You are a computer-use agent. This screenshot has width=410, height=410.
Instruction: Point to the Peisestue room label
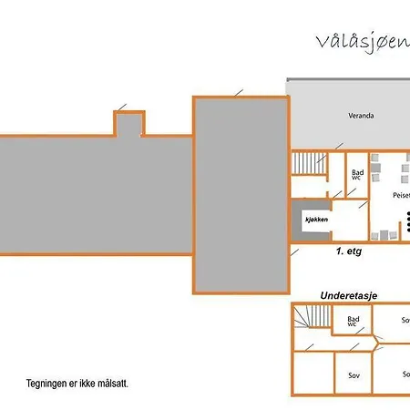pyautogui.click(x=401, y=195)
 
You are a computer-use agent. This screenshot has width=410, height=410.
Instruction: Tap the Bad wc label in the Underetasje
pyautogui.click(x=354, y=321)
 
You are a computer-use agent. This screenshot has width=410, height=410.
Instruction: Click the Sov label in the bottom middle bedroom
pyautogui.click(x=354, y=374)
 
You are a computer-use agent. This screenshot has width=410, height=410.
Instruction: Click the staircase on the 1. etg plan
pyautogui.click(x=309, y=162)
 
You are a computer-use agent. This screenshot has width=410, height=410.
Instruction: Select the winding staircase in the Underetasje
pyautogui.click(x=313, y=318)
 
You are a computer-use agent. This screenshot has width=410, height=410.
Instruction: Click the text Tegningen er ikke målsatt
pyautogui.click(x=77, y=384)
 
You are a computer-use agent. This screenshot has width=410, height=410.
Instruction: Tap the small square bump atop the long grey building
pyautogui.click(x=128, y=123)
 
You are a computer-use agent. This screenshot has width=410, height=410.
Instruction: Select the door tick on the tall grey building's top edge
pyautogui.click(x=239, y=91)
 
